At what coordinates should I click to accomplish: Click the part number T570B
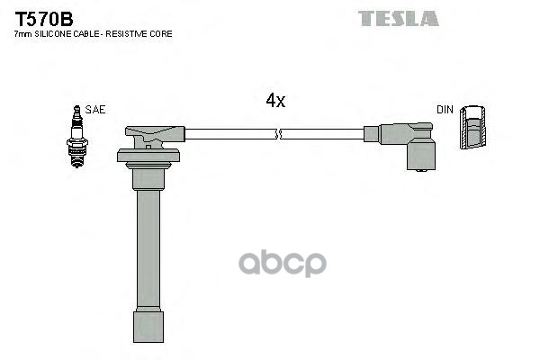[x=42, y=17]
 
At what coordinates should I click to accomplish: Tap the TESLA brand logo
[x=398, y=18]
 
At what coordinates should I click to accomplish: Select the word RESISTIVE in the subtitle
[x=129, y=33]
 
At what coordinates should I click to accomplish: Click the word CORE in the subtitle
[x=162, y=33]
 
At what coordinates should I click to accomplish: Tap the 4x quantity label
[x=275, y=102]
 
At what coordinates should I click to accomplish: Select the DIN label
[x=445, y=110]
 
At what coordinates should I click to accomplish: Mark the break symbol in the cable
[x=280, y=135]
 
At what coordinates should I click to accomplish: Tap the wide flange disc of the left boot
[x=148, y=157]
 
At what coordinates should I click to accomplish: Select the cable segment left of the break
[x=230, y=135]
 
